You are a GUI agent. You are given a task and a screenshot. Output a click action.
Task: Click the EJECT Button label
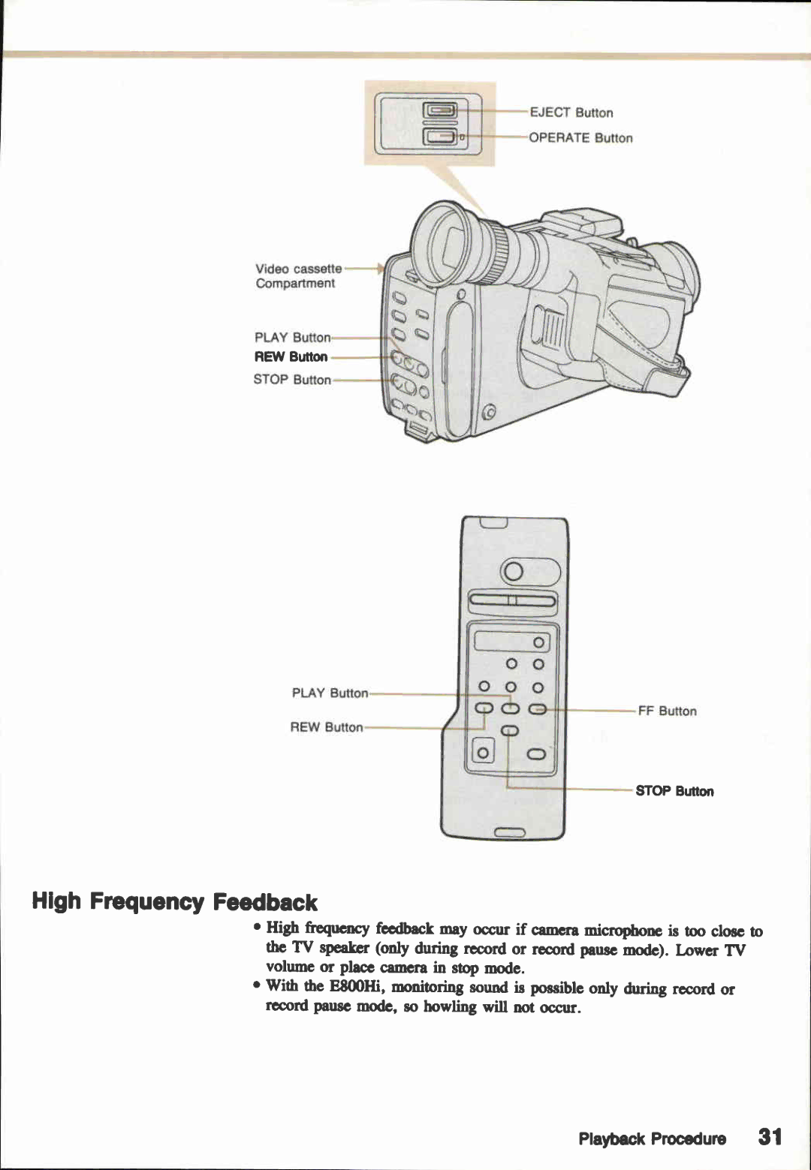tap(571, 113)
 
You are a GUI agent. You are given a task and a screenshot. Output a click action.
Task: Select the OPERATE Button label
tap(580, 138)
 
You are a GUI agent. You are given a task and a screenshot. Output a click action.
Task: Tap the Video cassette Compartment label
tap(297, 276)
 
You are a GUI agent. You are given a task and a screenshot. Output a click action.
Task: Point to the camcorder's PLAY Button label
tap(292, 338)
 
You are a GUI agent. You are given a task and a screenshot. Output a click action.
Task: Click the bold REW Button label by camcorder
tap(291, 357)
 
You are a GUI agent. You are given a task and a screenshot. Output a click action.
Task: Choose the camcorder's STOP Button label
tap(291, 380)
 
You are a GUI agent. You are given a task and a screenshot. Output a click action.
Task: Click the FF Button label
tap(667, 711)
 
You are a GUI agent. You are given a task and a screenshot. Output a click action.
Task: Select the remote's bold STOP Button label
tap(674, 791)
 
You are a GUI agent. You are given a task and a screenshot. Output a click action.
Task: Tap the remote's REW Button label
tap(326, 727)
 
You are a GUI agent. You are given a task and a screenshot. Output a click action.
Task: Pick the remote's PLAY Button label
tap(330, 693)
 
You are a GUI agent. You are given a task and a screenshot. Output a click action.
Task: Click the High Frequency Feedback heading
tap(174, 901)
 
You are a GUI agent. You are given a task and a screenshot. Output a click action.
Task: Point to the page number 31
tap(770, 1137)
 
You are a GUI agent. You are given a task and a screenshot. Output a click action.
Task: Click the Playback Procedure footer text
tap(652, 1138)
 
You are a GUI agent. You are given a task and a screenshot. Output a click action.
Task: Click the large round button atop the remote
tap(514, 573)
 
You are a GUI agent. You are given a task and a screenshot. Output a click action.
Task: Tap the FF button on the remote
tap(538, 709)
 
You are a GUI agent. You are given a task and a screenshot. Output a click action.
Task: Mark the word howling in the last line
tap(450, 1007)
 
